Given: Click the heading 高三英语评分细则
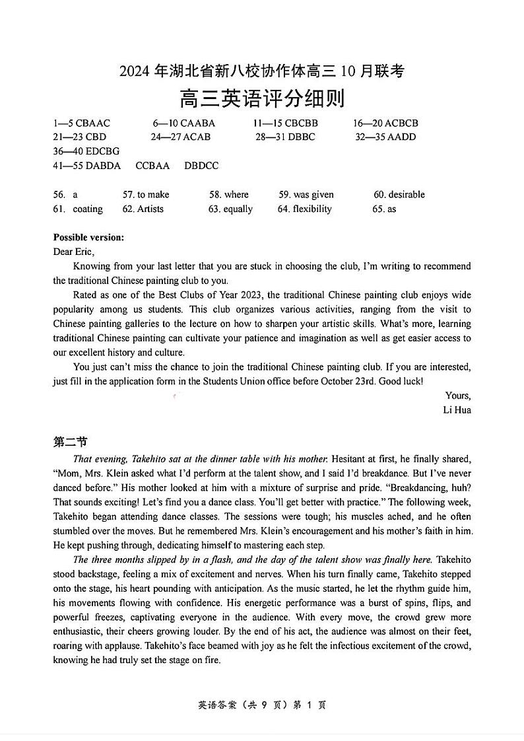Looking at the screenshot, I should (262, 99).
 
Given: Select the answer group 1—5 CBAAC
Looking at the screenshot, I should (82, 123).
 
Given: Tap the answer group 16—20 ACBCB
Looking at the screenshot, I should (385, 123).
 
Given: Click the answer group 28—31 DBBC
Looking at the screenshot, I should (285, 137).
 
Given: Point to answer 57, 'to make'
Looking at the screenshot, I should (146, 194).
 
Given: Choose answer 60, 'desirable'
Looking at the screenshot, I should (399, 194).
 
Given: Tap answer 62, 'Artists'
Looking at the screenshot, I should (143, 209).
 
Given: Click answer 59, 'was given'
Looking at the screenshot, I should (306, 194).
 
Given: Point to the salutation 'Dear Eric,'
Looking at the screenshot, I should (74, 252).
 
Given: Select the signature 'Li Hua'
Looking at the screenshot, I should (457, 409).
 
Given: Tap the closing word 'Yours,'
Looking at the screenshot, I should (458, 396).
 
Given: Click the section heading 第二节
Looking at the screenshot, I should (70, 442).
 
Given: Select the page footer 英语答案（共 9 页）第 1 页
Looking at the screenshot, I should (262, 705).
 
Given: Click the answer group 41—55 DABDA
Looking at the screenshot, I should (87, 166).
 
